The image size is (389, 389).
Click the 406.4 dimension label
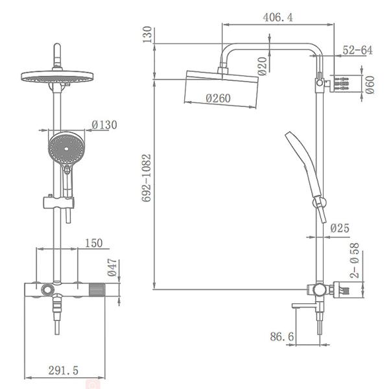click(x=277, y=18)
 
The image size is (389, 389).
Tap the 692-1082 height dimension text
click(x=147, y=178)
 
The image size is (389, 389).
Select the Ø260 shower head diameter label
click(x=218, y=99)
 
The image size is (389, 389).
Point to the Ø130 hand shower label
click(x=104, y=124)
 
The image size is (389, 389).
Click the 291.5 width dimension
click(x=64, y=370)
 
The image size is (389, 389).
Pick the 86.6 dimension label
click(x=281, y=336)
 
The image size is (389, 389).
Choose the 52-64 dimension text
click(x=357, y=50)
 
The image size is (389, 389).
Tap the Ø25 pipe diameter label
click(x=340, y=228)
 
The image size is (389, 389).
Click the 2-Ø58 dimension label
click(x=354, y=260)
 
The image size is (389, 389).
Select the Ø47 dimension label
click(x=112, y=267)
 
